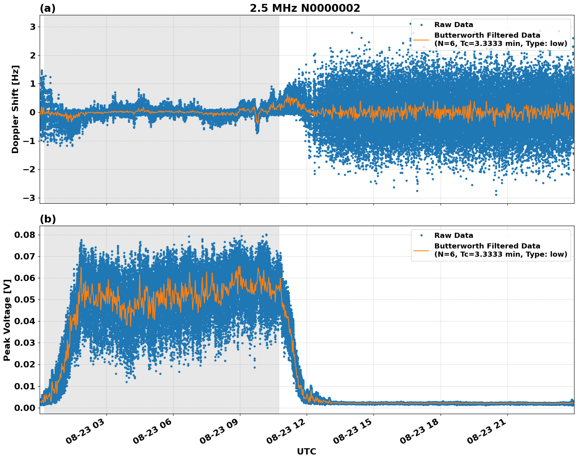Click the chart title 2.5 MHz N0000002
(x=305, y=8)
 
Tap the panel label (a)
(x=48, y=9)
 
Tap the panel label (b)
(x=48, y=219)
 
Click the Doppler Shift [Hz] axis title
(x=15, y=109)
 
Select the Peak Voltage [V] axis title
(x=7, y=320)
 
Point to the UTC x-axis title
(x=306, y=451)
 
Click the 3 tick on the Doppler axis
(x=32, y=27)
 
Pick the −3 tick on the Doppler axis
(x=29, y=198)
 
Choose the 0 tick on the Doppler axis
(x=32, y=113)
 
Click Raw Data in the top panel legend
(x=454, y=25)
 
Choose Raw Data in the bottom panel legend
(x=454, y=235)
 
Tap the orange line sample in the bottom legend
(x=421, y=250)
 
